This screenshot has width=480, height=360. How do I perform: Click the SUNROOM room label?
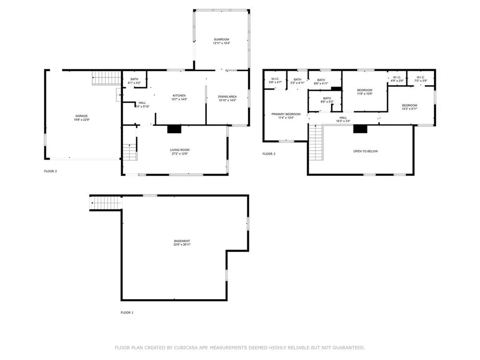[x=222, y=39]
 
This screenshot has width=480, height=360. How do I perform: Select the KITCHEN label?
[x=179, y=96]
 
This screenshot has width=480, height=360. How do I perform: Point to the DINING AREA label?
[x=227, y=97]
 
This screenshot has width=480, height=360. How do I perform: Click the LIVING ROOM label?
[x=180, y=150]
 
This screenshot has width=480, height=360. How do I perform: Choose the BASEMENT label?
[x=182, y=241]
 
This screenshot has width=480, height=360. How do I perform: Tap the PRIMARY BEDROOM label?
[x=286, y=114]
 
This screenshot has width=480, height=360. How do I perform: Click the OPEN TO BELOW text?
[x=365, y=151]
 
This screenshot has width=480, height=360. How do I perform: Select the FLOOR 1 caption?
[x=127, y=312]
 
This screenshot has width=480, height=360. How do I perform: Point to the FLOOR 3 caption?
[x=269, y=154]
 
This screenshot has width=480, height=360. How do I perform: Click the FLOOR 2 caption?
[x=50, y=171]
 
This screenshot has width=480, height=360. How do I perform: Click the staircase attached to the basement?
[x=106, y=203]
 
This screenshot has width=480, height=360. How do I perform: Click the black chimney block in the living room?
[x=174, y=129]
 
